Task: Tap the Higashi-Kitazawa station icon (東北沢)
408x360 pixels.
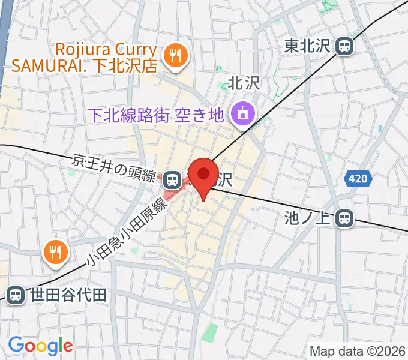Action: point(344,46)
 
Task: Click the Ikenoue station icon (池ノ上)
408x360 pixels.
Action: point(344,218)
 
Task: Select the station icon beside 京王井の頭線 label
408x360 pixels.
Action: point(172,178)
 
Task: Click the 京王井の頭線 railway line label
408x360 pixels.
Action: point(114,167)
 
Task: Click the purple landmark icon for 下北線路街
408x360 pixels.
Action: point(244,112)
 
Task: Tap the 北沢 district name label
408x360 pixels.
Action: point(244,83)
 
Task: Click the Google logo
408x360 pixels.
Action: point(40,346)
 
